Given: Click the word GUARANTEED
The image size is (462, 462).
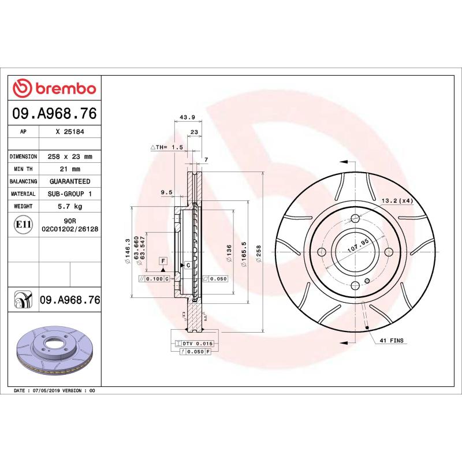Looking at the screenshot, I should tap(69, 181).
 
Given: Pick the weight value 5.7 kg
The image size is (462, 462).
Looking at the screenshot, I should tap(69, 206).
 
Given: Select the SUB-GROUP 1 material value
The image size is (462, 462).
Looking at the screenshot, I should tap(69, 194).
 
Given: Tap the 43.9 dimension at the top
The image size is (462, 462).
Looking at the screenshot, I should tap(187, 117).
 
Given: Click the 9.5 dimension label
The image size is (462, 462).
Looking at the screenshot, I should tap(166, 192).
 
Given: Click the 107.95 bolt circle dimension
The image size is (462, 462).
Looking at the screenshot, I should tap(358, 247).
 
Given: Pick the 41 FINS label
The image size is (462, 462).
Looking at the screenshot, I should tap(391, 341).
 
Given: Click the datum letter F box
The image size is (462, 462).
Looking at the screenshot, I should tap(163, 261).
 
